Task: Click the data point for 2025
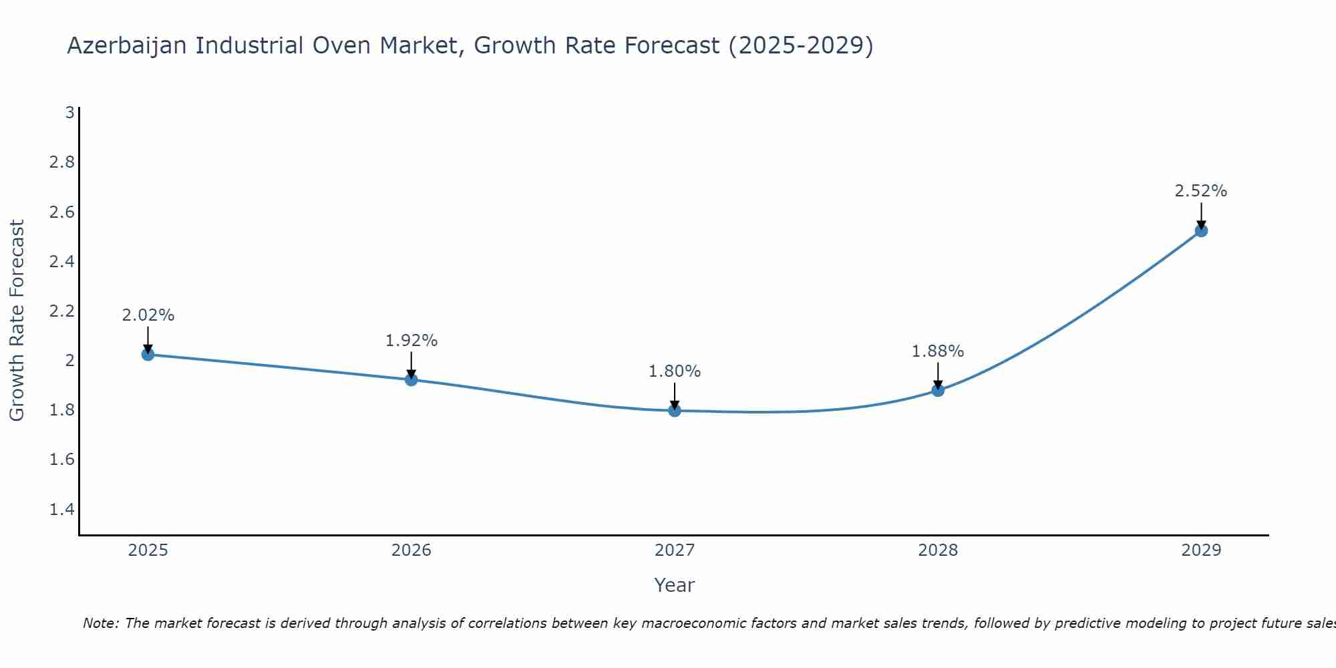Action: pos(148,355)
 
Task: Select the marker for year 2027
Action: pos(675,410)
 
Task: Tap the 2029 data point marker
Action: pos(1201,231)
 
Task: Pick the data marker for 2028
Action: pos(938,390)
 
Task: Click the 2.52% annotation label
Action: pos(1200,191)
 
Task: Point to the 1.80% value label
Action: pos(675,371)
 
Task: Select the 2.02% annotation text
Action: pos(148,315)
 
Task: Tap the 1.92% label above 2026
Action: pos(411,341)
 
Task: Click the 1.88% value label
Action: pos(938,351)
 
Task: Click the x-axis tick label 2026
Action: pos(411,550)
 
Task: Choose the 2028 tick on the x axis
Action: pos(938,550)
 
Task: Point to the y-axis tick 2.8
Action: pos(62,162)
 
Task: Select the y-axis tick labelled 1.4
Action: pos(62,510)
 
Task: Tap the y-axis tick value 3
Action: pos(69,113)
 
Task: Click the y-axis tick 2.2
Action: pos(62,311)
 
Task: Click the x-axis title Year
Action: pos(675,585)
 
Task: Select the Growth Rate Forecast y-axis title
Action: pos(17,321)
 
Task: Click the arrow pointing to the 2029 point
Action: pos(1201,215)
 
